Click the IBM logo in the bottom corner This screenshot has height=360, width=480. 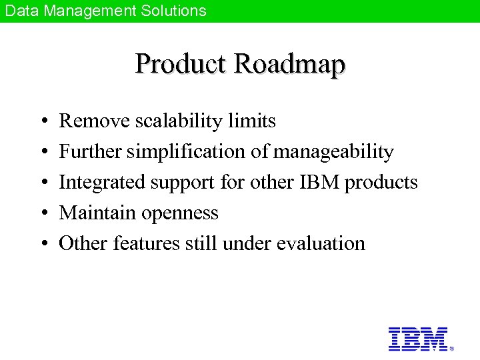(418, 339)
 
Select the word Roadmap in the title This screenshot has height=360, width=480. (290, 64)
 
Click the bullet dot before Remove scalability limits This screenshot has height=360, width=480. (41, 122)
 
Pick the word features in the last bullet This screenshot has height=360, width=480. (145, 243)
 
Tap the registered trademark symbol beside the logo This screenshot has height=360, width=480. (452, 348)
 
